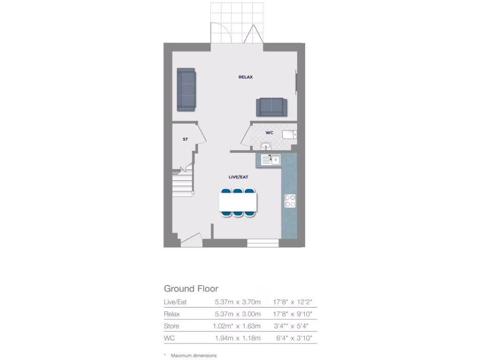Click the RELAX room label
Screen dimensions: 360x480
click(245, 77)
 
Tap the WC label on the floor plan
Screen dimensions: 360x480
click(269, 133)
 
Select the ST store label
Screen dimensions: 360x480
click(185, 139)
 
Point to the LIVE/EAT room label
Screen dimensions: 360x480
click(238, 177)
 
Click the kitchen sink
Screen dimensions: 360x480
click(271, 160)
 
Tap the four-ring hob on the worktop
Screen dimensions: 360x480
click(290, 201)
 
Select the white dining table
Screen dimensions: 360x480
click(238, 202)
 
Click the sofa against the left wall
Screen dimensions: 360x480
click(186, 90)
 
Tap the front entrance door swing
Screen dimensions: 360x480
click(191, 241)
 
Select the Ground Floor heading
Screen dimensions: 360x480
click(191, 289)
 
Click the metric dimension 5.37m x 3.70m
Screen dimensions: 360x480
click(238, 302)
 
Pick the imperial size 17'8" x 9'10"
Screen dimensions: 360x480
click(292, 314)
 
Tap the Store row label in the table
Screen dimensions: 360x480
click(172, 326)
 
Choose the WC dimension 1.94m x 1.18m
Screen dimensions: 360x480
click(238, 338)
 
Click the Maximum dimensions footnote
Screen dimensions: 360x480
click(194, 356)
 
